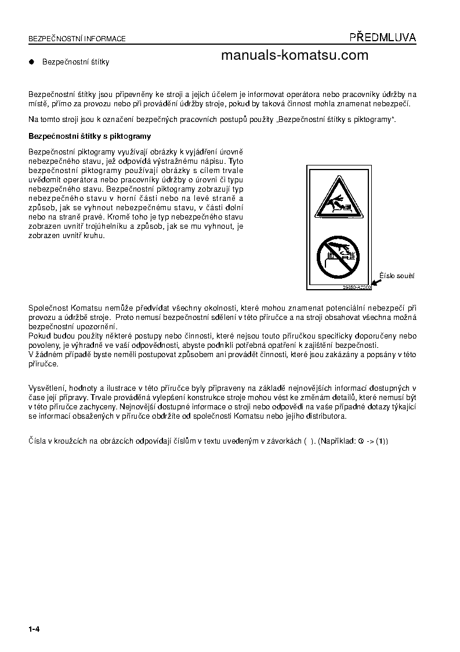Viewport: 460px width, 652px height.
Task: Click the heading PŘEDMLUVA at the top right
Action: coord(382,38)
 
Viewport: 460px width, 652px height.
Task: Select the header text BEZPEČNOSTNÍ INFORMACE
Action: coord(77,39)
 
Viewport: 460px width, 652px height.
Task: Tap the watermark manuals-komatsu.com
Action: coord(295,55)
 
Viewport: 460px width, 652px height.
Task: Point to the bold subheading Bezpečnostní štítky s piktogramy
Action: coord(89,136)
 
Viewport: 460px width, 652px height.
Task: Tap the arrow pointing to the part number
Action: coord(376,282)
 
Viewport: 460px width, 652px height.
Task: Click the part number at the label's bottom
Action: coord(357,287)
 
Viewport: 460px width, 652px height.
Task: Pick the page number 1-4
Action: coord(33,629)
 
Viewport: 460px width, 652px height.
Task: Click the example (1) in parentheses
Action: coord(382,441)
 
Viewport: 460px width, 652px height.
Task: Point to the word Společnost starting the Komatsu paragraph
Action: coord(48,307)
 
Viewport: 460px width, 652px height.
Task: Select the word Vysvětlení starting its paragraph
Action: coord(46,387)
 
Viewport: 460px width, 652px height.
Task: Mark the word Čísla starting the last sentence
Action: coord(38,441)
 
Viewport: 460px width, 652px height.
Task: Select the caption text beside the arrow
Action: coord(398,276)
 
